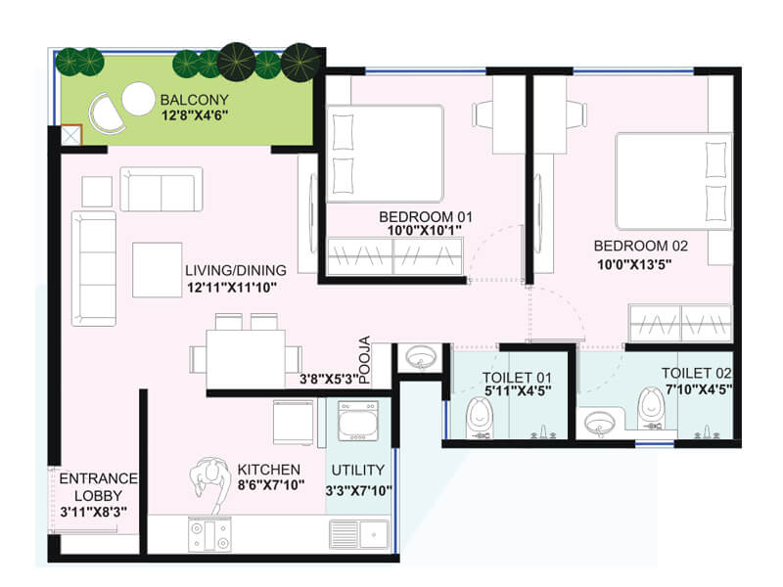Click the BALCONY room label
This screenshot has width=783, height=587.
click(x=195, y=100)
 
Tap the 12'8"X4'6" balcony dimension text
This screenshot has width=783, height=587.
click(x=195, y=114)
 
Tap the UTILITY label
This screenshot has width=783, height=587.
click(x=358, y=470)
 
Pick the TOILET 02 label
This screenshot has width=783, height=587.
click(x=697, y=373)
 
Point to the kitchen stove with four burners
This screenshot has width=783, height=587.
click(x=208, y=534)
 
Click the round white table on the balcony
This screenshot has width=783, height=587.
click(x=138, y=98)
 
